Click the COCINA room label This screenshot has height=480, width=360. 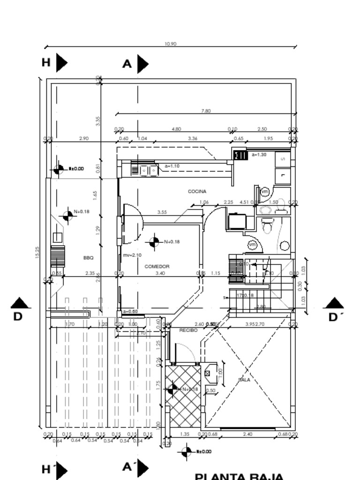click(x=197, y=191)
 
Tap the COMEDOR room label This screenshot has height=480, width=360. click(x=157, y=266)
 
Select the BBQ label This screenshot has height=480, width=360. click(x=88, y=258)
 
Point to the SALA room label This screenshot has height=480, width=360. click(x=244, y=380)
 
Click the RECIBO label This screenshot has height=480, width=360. click(x=188, y=330)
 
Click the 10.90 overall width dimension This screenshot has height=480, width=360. click(x=170, y=44)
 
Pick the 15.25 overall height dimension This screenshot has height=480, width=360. click(x=37, y=252)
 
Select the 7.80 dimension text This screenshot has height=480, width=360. click(x=205, y=111)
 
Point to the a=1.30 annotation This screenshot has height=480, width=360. click(x=259, y=154)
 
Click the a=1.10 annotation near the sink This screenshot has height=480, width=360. click(x=172, y=166)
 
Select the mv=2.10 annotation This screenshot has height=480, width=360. click(x=132, y=255)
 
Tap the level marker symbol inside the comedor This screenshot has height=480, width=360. click(x=154, y=242)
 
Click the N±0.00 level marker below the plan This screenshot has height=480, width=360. click(x=186, y=451)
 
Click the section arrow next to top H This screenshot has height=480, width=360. click(x=61, y=63)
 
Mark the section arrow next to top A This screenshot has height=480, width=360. click(x=142, y=64)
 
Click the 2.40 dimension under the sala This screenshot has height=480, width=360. click(x=247, y=434)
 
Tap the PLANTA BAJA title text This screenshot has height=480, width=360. click(x=239, y=476)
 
